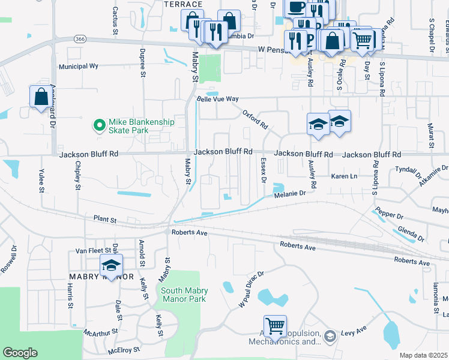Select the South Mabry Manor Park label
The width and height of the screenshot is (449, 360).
tap(184, 295)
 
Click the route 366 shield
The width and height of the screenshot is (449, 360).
tap(80, 38)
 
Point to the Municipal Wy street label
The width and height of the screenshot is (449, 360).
tap(78, 67)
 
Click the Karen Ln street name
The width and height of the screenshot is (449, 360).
tap(345, 176)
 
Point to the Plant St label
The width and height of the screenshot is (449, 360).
tap(105, 220)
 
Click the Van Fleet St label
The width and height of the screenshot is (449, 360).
tap(90, 251)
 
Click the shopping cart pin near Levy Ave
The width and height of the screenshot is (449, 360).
tap(275, 326)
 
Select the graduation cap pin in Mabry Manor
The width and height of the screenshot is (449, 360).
tap(111, 265)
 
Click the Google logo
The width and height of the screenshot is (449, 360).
tap(20, 353)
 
